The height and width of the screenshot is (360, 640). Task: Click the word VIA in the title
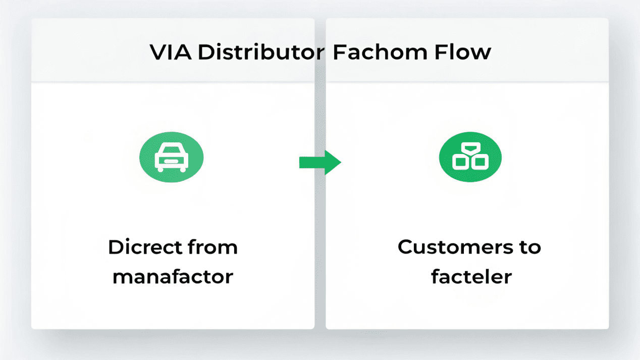click(x=170, y=53)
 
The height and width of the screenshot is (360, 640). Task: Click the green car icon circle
click(x=171, y=159)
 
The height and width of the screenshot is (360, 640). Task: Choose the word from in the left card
click(x=212, y=247)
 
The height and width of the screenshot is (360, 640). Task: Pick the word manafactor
click(x=173, y=277)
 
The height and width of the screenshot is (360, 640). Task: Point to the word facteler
click(x=471, y=277)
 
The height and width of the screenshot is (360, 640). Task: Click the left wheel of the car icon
click(x=161, y=169)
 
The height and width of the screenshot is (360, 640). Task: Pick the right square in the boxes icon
click(x=479, y=163)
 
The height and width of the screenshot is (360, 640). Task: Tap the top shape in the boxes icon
click(x=470, y=148)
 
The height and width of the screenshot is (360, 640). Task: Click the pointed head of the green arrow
click(x=333, y=162)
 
